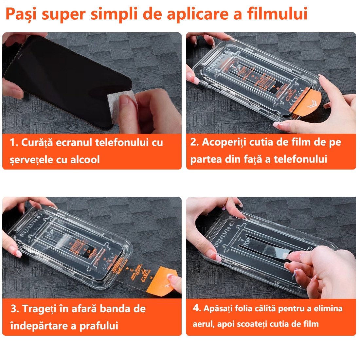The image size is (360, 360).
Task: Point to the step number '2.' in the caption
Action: coord(194,142)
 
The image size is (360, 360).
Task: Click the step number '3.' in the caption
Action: coord(15,309)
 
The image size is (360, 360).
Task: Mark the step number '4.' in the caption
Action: coord(196,308)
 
